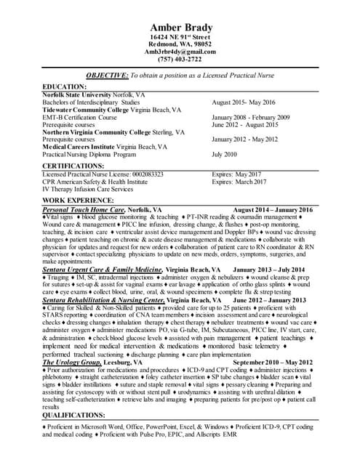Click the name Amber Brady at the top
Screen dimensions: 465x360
coord(180,28)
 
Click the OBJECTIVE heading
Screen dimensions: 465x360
coord(105,75)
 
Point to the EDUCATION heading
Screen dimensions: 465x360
coord(68,86)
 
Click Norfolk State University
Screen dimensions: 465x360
coord(79,94)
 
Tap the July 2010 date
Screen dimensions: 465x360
coord(225,154)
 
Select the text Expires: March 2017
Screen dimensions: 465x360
coord(239,182)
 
